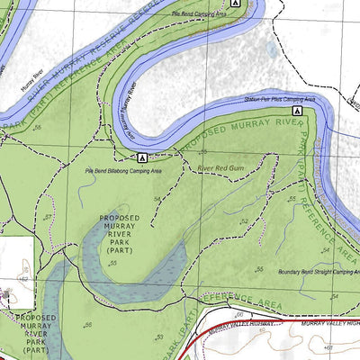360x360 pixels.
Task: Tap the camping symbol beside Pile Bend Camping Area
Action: [x=235, y=4]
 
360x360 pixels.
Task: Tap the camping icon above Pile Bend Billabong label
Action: [x=141, y=157]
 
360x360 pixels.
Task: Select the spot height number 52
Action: [x=244, y=220]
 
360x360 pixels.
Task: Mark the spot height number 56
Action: [x=87, y=325]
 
